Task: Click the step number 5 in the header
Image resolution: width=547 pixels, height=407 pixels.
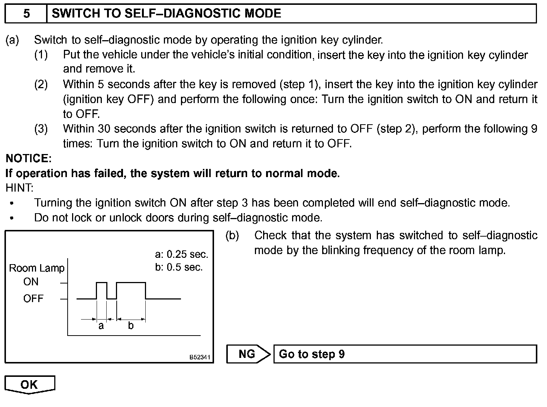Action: (x=26, y=14)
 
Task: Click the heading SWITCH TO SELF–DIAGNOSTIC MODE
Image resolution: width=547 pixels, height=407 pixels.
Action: (x=166, y=14)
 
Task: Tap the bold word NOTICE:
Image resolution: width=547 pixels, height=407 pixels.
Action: (x=29, y=158)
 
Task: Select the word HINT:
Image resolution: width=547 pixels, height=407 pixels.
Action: (x=19, y=188)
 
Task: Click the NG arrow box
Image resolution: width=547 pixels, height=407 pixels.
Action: (x=248, y=354)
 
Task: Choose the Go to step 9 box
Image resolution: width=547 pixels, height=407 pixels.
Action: (x=405, y=354)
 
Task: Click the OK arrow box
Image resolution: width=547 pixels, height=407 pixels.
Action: (x=30, y=384)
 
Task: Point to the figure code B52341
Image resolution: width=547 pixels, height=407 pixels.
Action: (x=200, y=358)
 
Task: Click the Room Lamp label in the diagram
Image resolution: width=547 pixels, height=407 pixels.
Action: (x=36, y=268)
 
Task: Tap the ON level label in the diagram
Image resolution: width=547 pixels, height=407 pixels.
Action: (x=31, y=282)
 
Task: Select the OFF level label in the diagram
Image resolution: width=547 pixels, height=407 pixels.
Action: (x=33, y=298)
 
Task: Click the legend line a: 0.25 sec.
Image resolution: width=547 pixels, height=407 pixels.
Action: (x=181, y=254)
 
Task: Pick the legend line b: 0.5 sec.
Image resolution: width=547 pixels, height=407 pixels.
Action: (x=179, y=267)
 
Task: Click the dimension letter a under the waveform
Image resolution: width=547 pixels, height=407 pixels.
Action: (x=101, y=326)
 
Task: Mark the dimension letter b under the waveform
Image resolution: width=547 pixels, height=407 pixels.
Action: (x=130, y=326)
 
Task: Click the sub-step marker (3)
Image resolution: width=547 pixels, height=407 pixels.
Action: (x=41, y=129)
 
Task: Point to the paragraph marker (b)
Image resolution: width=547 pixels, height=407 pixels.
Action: (x=232, y=235)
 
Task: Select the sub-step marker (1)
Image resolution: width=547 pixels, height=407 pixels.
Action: (x=41, y=55)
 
